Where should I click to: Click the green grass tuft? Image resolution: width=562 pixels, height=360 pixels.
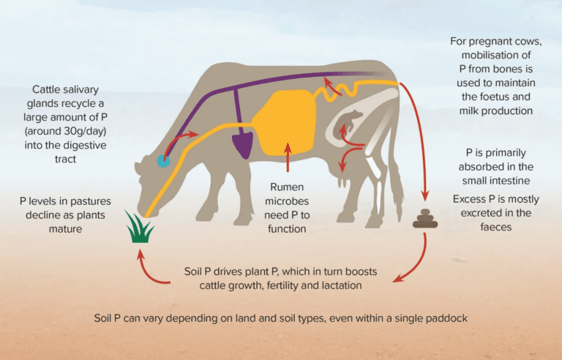140,228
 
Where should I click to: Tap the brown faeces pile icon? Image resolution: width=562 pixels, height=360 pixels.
425,219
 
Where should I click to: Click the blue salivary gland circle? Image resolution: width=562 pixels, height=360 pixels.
163,161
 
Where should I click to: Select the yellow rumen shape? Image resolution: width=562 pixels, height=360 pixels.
285,123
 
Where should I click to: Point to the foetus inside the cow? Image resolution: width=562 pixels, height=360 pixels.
347,123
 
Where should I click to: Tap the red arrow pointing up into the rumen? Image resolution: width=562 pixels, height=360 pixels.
288,158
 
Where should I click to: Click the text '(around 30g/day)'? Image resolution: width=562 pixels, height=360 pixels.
65,131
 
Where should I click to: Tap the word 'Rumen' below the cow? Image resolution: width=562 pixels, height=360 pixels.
287,187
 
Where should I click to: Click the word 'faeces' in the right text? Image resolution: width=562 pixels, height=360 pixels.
496,227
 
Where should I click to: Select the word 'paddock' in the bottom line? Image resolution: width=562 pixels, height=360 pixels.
446,318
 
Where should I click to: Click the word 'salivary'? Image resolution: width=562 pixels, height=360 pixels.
78,90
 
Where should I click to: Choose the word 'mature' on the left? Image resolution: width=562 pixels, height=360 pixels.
65,229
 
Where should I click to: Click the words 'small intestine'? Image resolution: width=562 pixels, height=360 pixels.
496,181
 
